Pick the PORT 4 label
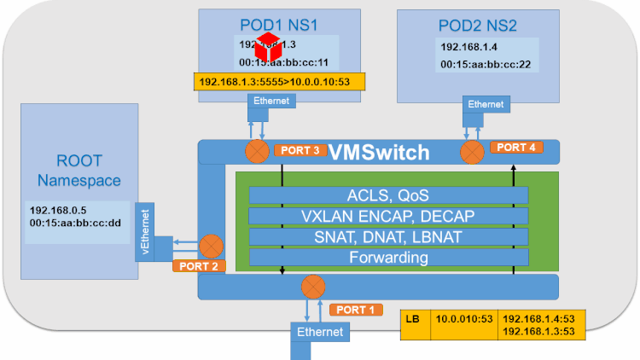pyautogui.click(x=516, y=148)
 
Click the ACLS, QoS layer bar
pyautogui.click(x=387, y=195)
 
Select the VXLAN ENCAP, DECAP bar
pyautogui.click(x=387, y=216)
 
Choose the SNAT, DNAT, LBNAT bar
pyautogui.click(x=387, y=236)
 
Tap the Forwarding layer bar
pyautogui.click(x=387, y=257)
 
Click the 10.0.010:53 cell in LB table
pyautogui.click(x=465, y=319)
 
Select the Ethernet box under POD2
pyautogui.click(x=486, y=104)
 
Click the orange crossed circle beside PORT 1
pyautogui.click(x=314, y=284)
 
